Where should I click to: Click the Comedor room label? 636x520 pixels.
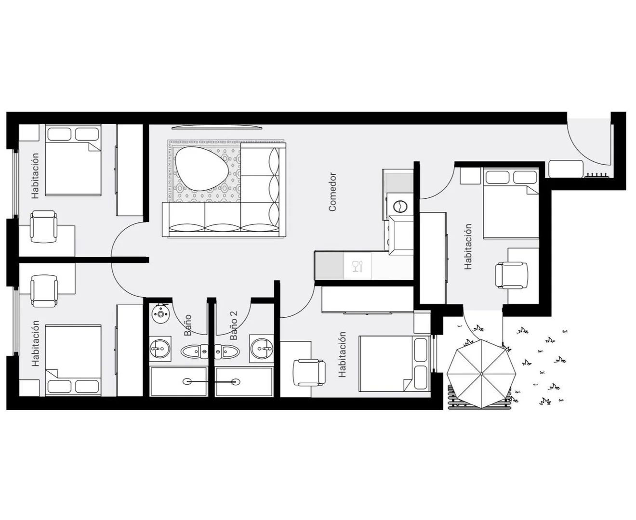click(x=332, y=192)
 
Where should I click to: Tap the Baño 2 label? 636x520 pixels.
click(x=234, y=325)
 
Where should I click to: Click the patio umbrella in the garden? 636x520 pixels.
click(x=481, y=374)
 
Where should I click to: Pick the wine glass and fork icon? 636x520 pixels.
click(x=358, y=266)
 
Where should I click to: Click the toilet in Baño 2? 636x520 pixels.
click(x=227, y=351)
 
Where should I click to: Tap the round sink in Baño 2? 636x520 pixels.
click(x=262, y=349)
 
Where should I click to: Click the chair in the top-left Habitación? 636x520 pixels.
click(x=44, y=226)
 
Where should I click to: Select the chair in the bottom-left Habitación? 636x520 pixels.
click(x=44, y=291)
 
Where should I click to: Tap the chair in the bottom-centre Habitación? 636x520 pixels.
click(x=309, y=373)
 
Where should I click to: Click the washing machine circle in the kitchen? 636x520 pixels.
click(x=400, y=207)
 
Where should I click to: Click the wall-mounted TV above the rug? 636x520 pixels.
click(x=216, y=128)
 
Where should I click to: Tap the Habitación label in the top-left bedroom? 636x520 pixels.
click(x=35, y=176)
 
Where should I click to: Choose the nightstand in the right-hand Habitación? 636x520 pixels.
click(x=470, y=176)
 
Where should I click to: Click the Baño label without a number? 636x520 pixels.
click(x=187, y=325)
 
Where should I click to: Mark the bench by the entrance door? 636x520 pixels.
click(x=566, y=169)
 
